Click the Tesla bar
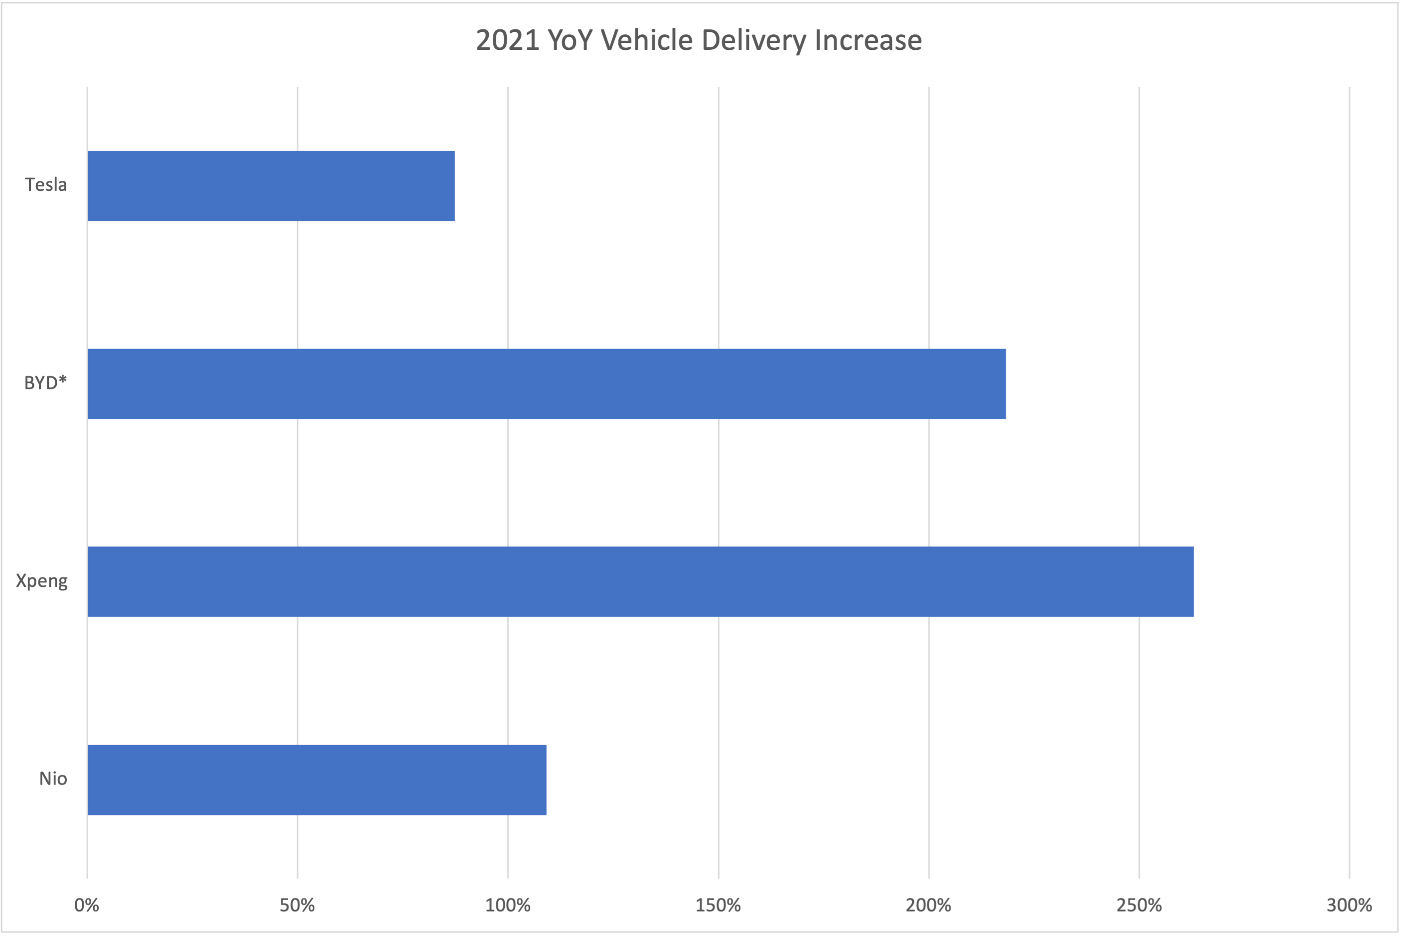point(271,186)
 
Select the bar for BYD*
point(547,384)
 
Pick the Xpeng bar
point(640,581)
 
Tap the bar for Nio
point(317,780)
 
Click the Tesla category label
point(46,185)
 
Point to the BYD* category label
point(45,383)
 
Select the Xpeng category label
point(42,581)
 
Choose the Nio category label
point(53,779)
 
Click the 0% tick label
point(87,906)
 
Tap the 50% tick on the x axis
point(297,906)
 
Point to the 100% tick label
point(508,906)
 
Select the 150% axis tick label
point(718,906)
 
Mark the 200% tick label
point(929,906)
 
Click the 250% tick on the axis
point(1138,906)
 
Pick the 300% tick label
point(1349,906)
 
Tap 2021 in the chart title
point(508,40)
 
